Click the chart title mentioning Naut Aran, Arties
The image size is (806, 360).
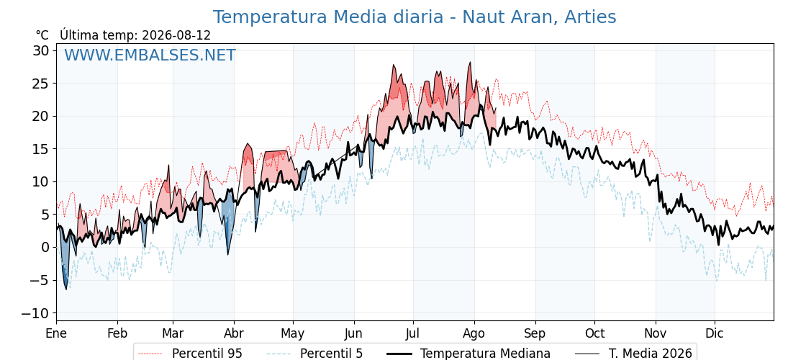click(x=415, y=17)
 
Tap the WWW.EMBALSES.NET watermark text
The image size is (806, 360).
click(x=150, y=55)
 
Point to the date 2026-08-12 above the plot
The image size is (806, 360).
click(x=176, y=35)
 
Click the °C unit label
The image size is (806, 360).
click(x=42, y=35)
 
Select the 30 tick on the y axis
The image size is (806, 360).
click(x=42, y=50)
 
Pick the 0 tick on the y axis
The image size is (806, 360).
click(x=45, y=248)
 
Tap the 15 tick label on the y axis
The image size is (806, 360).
click(x=42, y=149)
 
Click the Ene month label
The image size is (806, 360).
click(x=56, y=333)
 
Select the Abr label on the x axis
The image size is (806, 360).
click(x=234, y=333)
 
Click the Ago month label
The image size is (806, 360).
click(x=474, y=333)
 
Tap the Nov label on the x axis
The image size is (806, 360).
click(x=656, y=333)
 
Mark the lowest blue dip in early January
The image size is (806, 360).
click(x=65, y=289)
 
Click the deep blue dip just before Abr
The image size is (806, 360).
click(x=227, y=253)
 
